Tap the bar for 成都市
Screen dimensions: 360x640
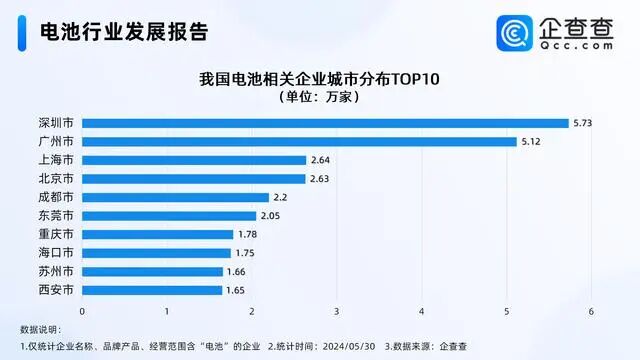[x=176, y=197]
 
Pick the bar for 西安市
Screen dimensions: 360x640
[x=152, y=290]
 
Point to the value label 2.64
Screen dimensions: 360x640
[x=321, y=160]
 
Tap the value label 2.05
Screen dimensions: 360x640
[x=271, y=215]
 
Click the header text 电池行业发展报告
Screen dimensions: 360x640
[x=122, y=33]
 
